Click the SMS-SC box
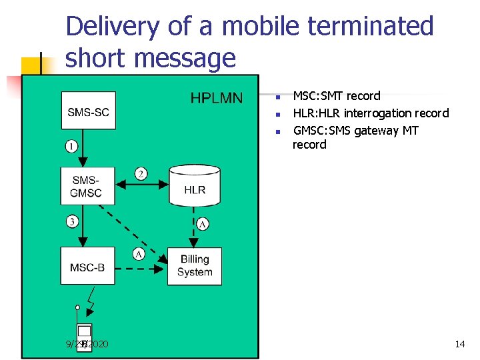tap(88, 111)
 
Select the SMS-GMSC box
tap(87, 186)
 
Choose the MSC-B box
tap(87, 267)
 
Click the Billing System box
tap(195, 265)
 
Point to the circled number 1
tap(71, 146)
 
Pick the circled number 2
tap(141, 173)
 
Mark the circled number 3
tap(71, 221)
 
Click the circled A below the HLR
tap(202, 225)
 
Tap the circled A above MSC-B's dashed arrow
tap(139, 254)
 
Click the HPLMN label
tap(217, 99)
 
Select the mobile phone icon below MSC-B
tap(84, 334)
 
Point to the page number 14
tap(459, 344)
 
